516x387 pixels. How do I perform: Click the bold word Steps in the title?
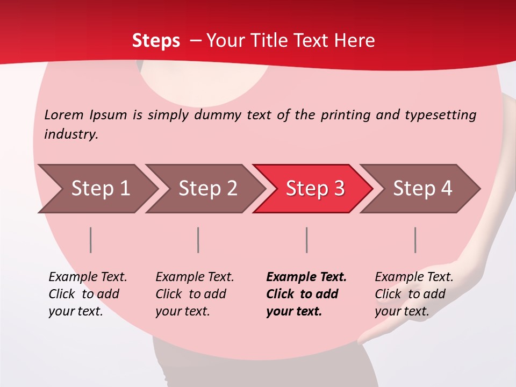156,41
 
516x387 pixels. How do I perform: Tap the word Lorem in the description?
64,114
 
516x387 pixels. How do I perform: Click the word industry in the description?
71,134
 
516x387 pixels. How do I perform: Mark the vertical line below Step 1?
91,240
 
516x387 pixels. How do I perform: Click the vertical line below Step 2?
198,240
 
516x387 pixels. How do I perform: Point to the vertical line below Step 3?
307,240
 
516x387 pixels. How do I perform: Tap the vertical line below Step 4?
415,240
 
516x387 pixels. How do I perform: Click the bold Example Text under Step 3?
306,277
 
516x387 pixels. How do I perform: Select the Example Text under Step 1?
88,277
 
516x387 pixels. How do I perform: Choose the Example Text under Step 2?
195,277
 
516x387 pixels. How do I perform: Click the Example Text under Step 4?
414,277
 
